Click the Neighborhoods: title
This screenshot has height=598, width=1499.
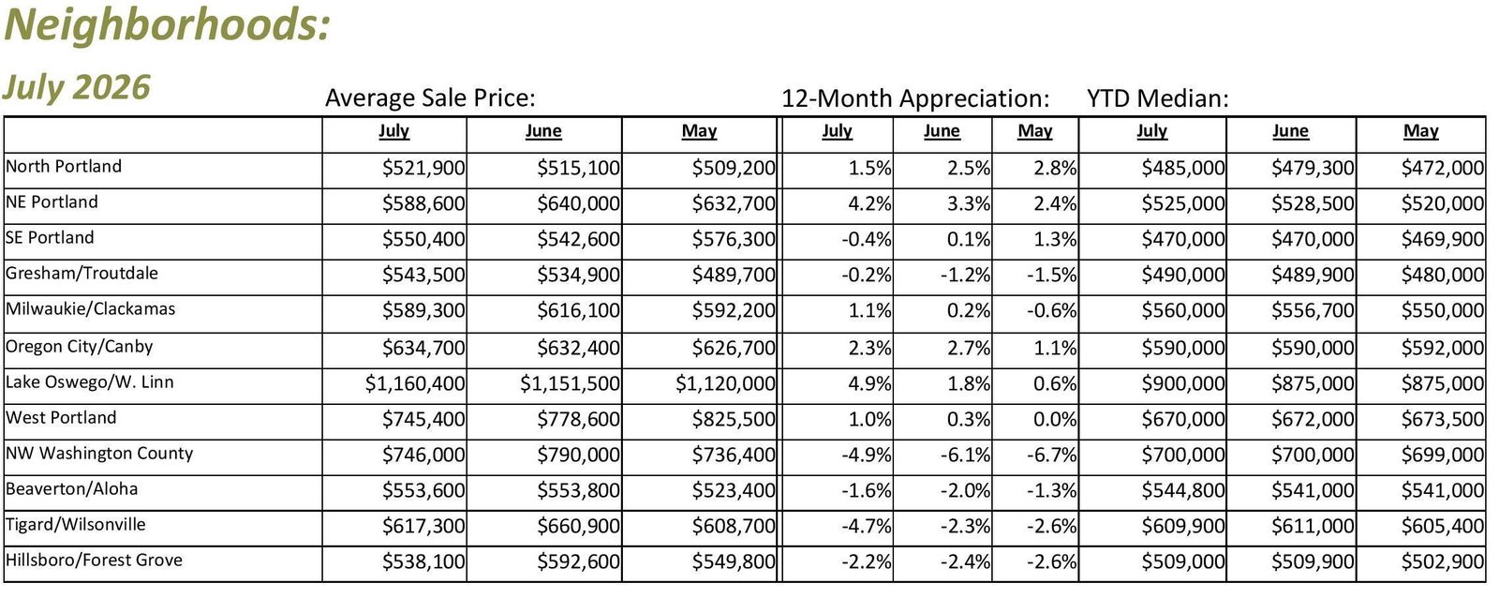(x=168, y=25)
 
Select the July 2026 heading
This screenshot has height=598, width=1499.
(x=76, y=88)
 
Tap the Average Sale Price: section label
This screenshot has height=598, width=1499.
(x=430, y=98)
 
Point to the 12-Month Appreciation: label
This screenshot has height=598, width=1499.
(x=915, y=98)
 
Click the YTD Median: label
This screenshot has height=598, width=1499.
(x=1158, y=98)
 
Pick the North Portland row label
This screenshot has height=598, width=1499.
(x=64, y=166)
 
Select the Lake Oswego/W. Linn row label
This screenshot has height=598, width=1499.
(x=90, y=382)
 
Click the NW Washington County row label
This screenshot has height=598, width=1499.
(x=99, y=454)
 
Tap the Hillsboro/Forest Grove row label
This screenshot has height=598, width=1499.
(x=94, y=560)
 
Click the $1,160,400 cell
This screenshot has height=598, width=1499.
(x=415, y=383)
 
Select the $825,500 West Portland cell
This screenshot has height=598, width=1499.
(x=734, y=419)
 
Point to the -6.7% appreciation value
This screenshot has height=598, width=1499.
(x=1051, y=456)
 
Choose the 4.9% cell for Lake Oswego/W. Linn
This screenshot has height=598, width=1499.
(x=870, y=383)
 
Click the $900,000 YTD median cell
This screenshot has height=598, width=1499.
(x=1183, y=383)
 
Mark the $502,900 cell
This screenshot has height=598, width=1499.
(x=1443, y=561)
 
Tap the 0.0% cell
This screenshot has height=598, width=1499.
(x=1055, y=419)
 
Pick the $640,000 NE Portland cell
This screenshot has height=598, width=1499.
(x=578, y=203)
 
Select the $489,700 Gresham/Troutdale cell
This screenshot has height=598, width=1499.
(x=734, y=276)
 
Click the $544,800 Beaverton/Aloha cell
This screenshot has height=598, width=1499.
(x=1183, y=491)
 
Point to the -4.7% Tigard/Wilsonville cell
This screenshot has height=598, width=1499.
(x=867, y=527)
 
